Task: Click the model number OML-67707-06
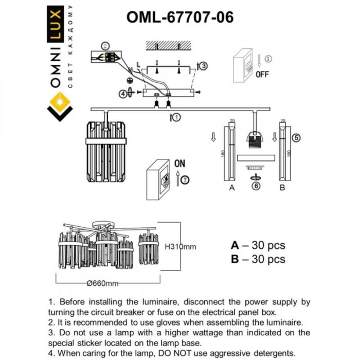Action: coord(179,17)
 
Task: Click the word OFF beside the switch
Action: coord(262,74)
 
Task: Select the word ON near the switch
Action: coord(179,164)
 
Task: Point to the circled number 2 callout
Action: coord(105,45)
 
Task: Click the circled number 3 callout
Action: coord(204,66)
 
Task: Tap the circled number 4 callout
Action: coord(122,94)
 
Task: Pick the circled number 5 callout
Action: coord(295,137)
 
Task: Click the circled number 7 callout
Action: coord(185,179)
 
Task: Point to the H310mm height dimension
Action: coord(181,247)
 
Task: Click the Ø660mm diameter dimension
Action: coord(103,283)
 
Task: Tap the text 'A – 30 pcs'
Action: coord(258,245)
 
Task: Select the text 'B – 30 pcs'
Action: coord(258,260)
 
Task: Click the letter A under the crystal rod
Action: coord(232,188)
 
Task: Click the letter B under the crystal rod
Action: coord(282,188)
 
